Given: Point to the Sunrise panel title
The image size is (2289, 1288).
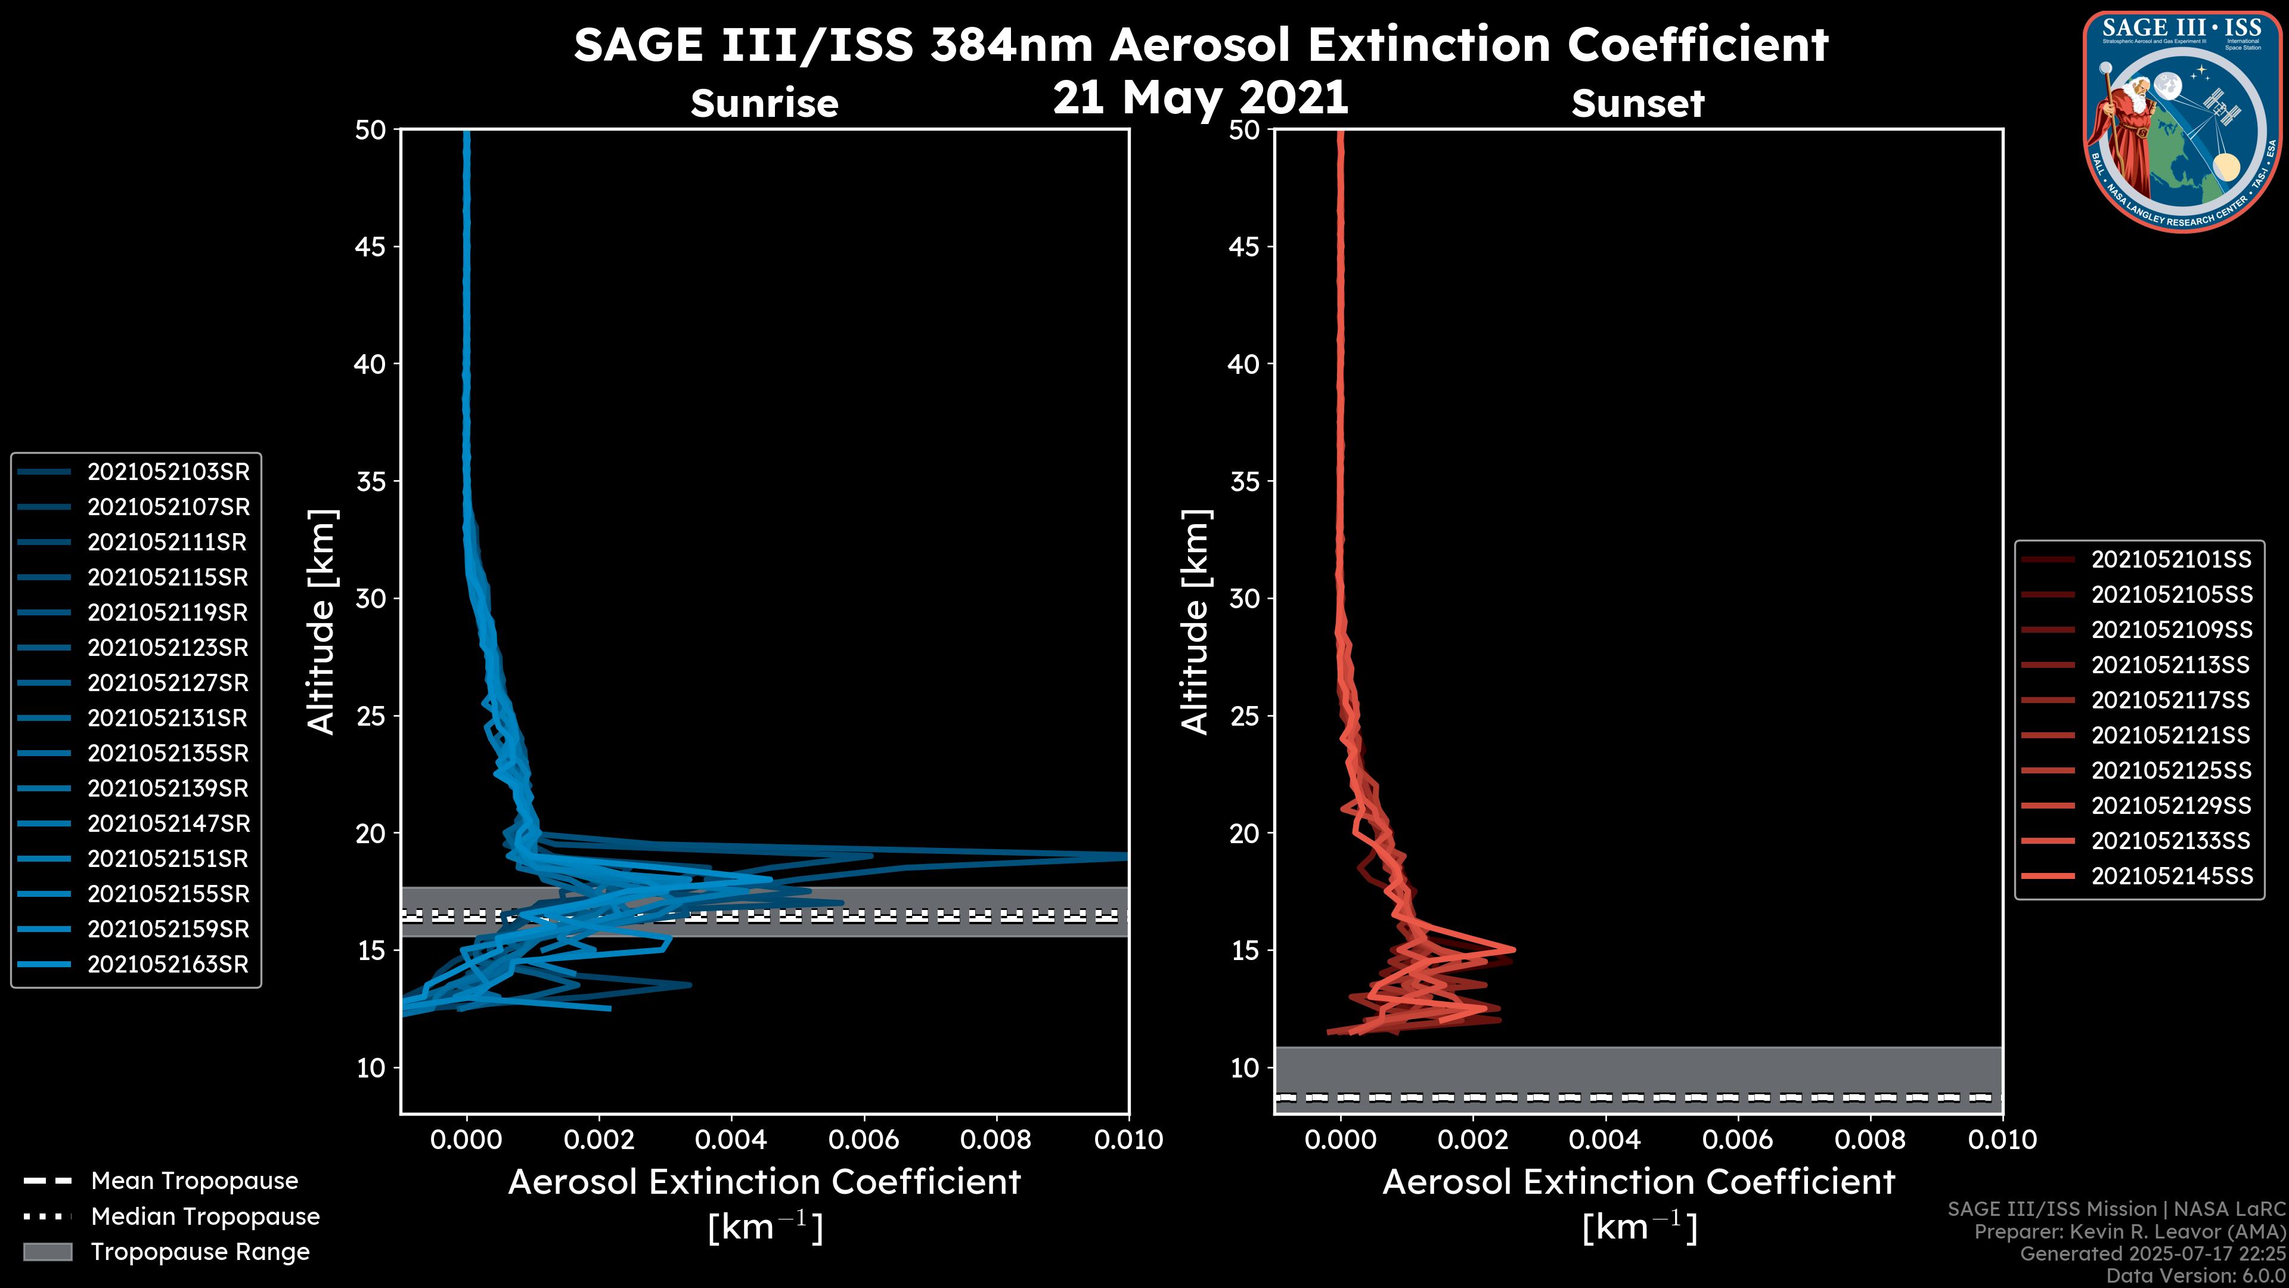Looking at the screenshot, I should coord(764,103).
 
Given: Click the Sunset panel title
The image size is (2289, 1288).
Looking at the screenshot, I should coord(1637,103).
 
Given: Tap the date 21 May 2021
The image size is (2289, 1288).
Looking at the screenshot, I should coord(1201,98).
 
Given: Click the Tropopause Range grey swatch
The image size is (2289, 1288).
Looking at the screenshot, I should coord(47,1252).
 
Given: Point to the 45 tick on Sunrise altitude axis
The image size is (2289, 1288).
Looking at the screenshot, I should coord(371,247).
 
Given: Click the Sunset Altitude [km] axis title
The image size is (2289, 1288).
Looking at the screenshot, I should coord(1195,622).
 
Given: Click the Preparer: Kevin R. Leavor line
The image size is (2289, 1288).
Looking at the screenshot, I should coord(2129,1232).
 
